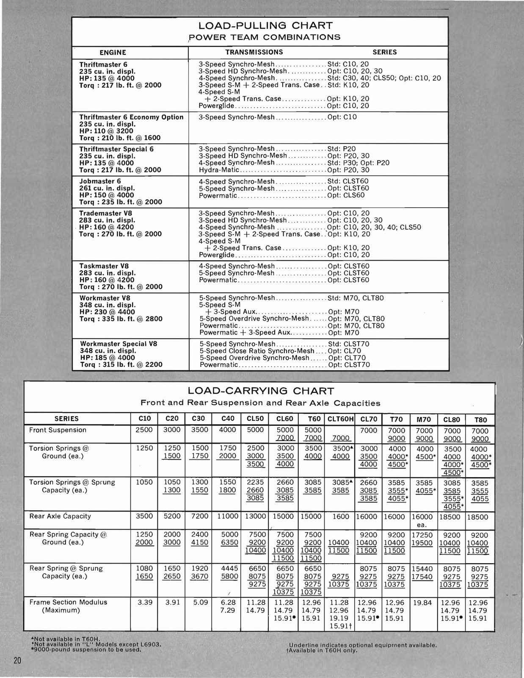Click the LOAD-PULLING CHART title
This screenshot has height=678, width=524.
260,26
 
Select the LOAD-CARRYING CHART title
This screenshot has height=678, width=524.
260,391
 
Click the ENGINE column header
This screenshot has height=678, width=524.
113,53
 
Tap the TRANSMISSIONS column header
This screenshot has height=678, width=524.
254,52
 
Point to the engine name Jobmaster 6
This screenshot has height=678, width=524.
100,181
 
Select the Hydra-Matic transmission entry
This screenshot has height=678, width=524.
219,170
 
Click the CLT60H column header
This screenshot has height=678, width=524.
340,419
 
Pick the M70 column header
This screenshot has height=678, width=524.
424,420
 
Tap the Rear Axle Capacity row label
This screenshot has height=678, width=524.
60,516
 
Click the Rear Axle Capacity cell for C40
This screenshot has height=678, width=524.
228,517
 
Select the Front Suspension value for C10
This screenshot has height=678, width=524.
144,430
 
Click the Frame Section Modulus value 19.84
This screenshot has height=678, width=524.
422,603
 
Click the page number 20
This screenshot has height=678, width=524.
17,661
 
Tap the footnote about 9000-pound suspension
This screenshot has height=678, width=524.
87,649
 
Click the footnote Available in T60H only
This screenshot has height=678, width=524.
322,650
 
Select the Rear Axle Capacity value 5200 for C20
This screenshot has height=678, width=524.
171,517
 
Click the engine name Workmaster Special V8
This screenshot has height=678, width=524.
119,344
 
